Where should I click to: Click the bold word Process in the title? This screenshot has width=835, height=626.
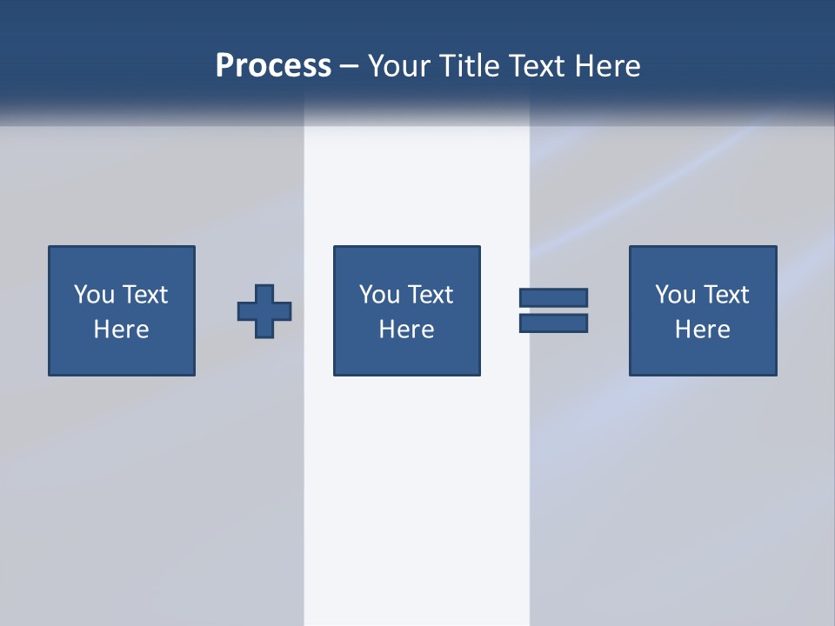[273, 66]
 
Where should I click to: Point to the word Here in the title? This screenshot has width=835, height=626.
[608, 66]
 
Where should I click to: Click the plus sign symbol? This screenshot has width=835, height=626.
[264, 311]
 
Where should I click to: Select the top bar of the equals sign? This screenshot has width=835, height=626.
[553, 297]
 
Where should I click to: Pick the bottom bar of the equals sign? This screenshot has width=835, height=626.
[553, 323]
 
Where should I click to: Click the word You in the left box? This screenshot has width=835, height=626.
[94, 295]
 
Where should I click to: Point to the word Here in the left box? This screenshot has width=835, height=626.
[122, 330]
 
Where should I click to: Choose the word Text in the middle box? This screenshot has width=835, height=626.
[430, 295]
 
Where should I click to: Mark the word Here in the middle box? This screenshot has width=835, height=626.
[407, 330]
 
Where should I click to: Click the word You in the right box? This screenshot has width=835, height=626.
[675, 295]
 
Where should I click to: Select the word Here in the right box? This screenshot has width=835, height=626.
[703, 330]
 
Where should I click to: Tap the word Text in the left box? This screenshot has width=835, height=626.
[144, 295]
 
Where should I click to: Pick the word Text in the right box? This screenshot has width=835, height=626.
[725, 295]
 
